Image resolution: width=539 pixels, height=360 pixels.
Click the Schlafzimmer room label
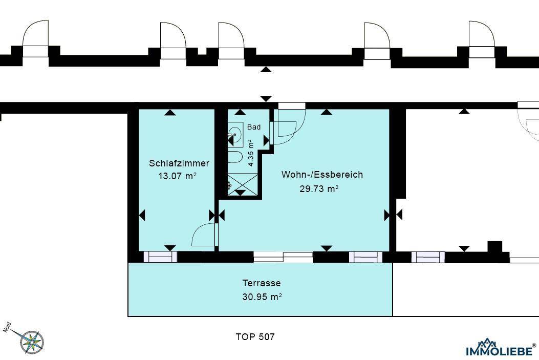[x=179, y=163]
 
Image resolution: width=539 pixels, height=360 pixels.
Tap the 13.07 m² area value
[x=178, y=176]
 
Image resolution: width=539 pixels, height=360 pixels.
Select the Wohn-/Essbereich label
[x=322, y=175]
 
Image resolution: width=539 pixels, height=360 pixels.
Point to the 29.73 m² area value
[x=319, y=189]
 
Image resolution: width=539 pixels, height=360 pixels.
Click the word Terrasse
[x=262, y=283]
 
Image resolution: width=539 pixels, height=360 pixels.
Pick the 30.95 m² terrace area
[x=262, y=297]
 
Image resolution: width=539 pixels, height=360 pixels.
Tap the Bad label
[x=254, y=127]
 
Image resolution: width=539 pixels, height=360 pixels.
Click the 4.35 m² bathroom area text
[x=251, y=153]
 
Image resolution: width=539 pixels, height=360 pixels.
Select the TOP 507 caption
[x=255, y=337]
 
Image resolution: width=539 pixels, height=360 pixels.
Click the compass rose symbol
[x=32, y=342]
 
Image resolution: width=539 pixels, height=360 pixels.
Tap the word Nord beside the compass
[x=8, y=327]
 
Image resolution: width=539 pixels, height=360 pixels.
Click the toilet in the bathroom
[x=235, y=157]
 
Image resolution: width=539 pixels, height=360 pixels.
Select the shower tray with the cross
[x=242, y=185]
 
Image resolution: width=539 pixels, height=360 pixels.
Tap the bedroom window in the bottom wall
[x=160, y=257]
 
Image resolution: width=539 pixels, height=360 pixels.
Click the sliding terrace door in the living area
[x=283, y=257]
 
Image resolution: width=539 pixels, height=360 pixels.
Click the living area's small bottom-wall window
[x=365, y=257]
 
